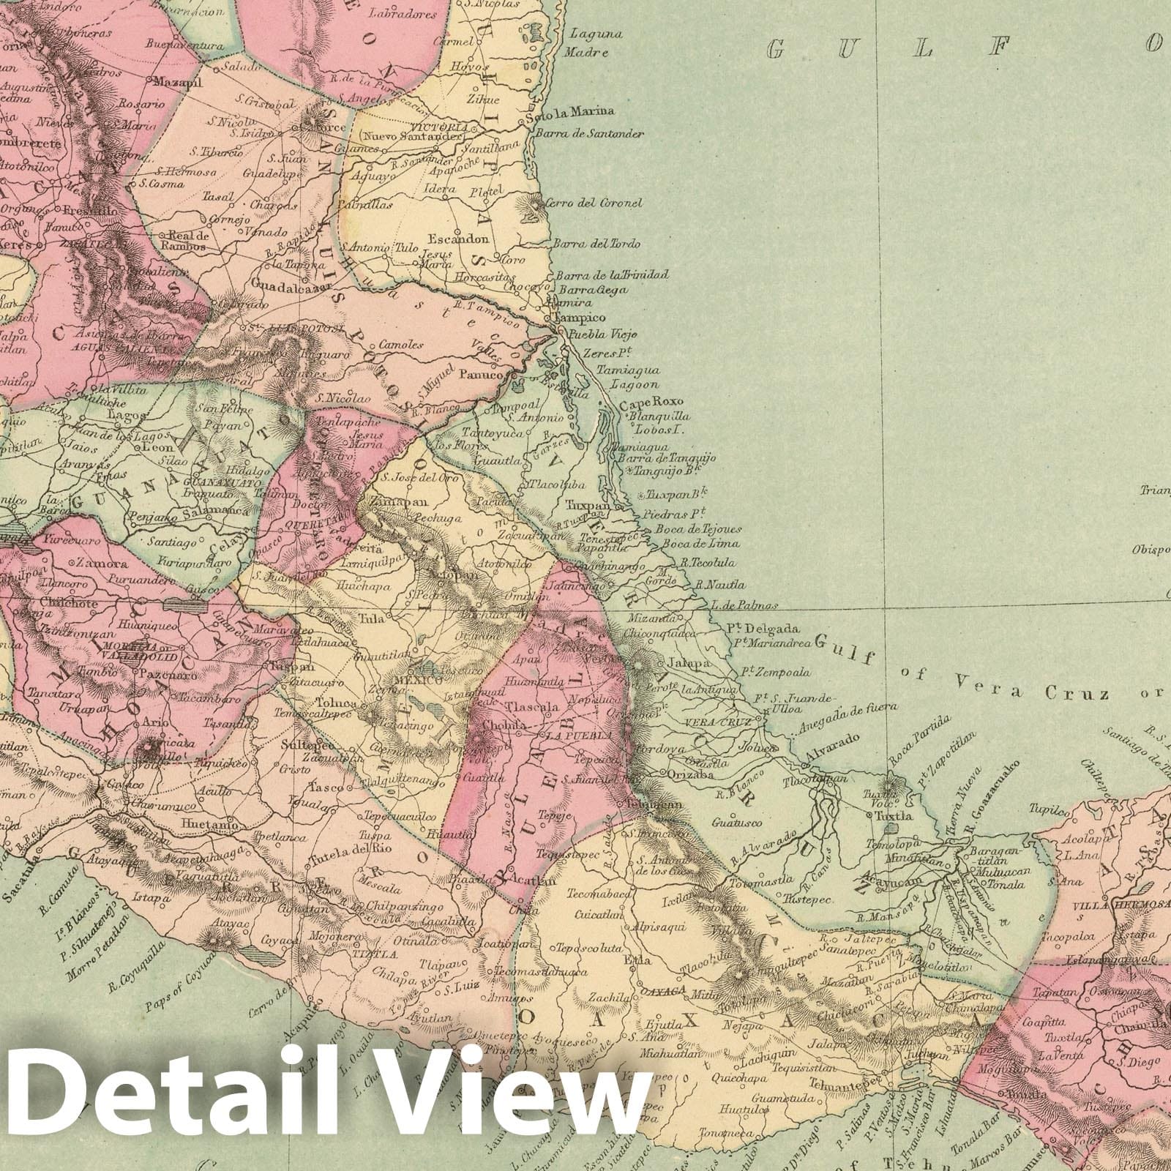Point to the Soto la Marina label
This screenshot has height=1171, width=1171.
[x=576, y=111]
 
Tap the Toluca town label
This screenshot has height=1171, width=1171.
[x=336, y=703]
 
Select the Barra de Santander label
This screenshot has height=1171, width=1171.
[x=590, y=135]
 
